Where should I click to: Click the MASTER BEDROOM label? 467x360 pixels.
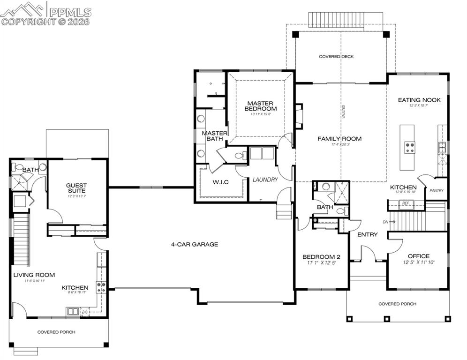click(x=260, y=106)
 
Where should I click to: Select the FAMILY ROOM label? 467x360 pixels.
click(x=340, y=139)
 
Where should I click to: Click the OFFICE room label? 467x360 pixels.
click(x=418, y=256)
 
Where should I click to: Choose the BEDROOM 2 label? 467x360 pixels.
click(x=321, y=257)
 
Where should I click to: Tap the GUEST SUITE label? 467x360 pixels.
click(x=76, y=188)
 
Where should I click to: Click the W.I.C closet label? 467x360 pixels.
click(x=221, y=182)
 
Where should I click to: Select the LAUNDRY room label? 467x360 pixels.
click(x=265, y=180)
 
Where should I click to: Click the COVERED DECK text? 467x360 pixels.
click(x=336, y=57)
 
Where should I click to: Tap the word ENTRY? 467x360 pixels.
click(x=368, y=234)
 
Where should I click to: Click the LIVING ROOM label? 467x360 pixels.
click(x=34, y=275)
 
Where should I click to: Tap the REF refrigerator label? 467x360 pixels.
click(x=405, y=203)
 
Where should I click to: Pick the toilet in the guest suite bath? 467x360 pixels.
click(x=19, y=167)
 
